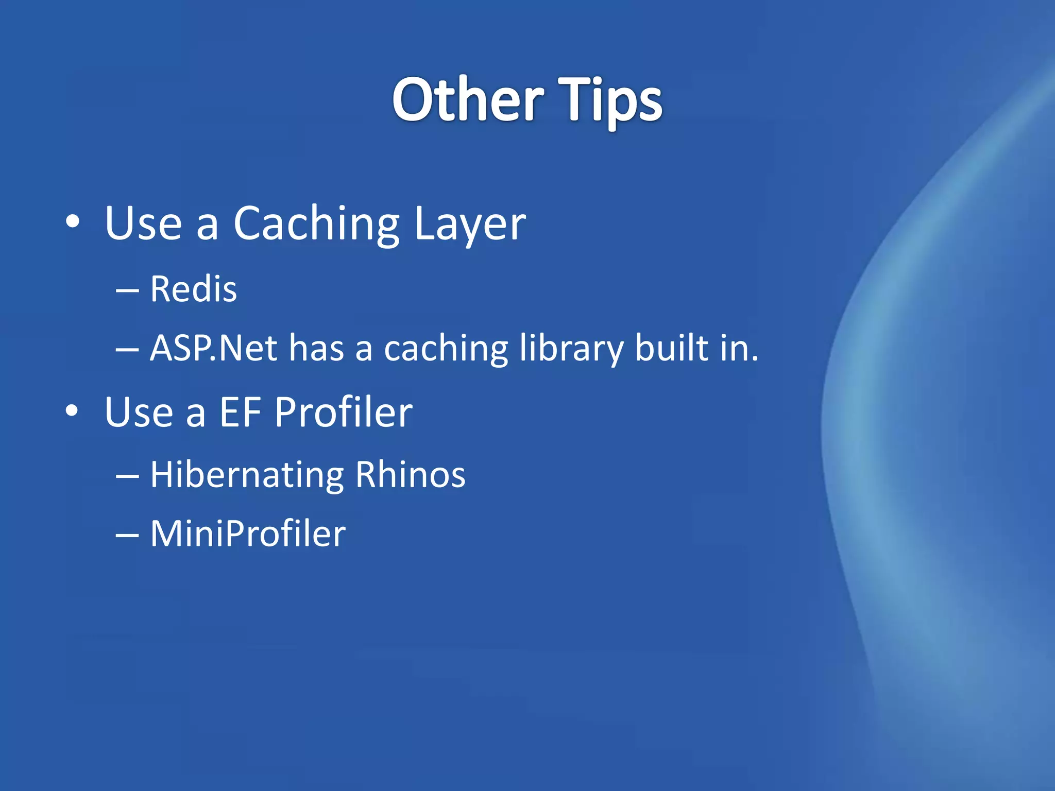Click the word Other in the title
[468, 100]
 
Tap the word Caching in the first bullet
[316, 224]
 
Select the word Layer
[469, 224]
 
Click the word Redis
[193, 289]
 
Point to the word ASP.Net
[213, 348]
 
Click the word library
[571, 348]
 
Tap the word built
[672, 348]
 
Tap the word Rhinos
[410, 474]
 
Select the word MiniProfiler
[248, 534]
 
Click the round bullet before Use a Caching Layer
[73, 222]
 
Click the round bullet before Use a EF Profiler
[73, 410]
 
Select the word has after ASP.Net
[316, 348]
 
